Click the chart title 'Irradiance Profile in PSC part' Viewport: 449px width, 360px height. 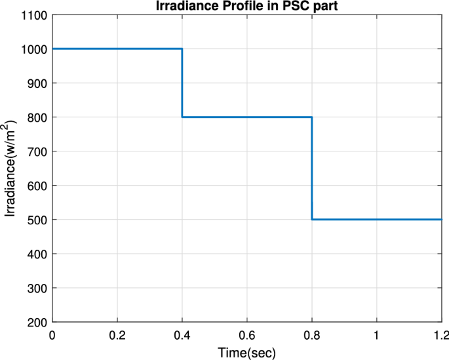(x=246, y=7)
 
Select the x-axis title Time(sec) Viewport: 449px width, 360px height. (x=246, y=353)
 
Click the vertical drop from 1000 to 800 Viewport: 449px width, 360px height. (x=182, y=83)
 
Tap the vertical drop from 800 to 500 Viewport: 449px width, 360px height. (x=312, y=168)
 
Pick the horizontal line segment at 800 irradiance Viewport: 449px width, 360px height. (x=246, y=117)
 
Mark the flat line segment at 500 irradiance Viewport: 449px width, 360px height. (x=376, y=220)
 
